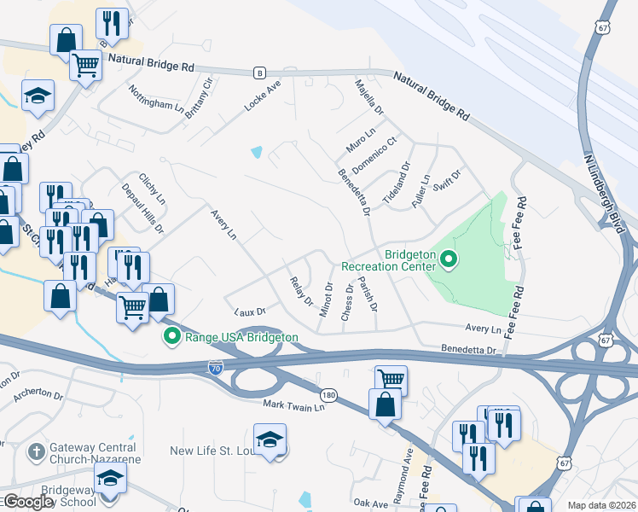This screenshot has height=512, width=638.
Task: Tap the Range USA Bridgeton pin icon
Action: [171, 337]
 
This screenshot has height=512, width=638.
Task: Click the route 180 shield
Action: [329, 395]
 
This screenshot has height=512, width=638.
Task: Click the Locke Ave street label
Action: [262, 96]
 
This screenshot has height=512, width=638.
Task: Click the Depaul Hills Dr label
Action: [142, 208]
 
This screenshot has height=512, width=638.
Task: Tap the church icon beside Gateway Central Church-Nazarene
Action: [35, 449]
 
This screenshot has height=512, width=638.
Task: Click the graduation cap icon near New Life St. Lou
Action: [270, 440]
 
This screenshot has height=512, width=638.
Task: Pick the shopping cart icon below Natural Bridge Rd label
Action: [86, 63]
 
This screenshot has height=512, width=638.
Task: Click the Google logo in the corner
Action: [28, 502]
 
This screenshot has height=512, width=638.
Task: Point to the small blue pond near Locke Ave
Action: [257, 153]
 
